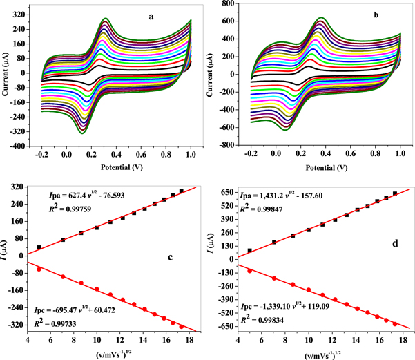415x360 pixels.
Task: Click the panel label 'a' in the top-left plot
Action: click(151, 16)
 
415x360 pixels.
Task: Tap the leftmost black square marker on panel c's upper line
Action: click(39, 247)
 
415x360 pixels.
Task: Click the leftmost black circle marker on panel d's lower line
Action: click(249, 271)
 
